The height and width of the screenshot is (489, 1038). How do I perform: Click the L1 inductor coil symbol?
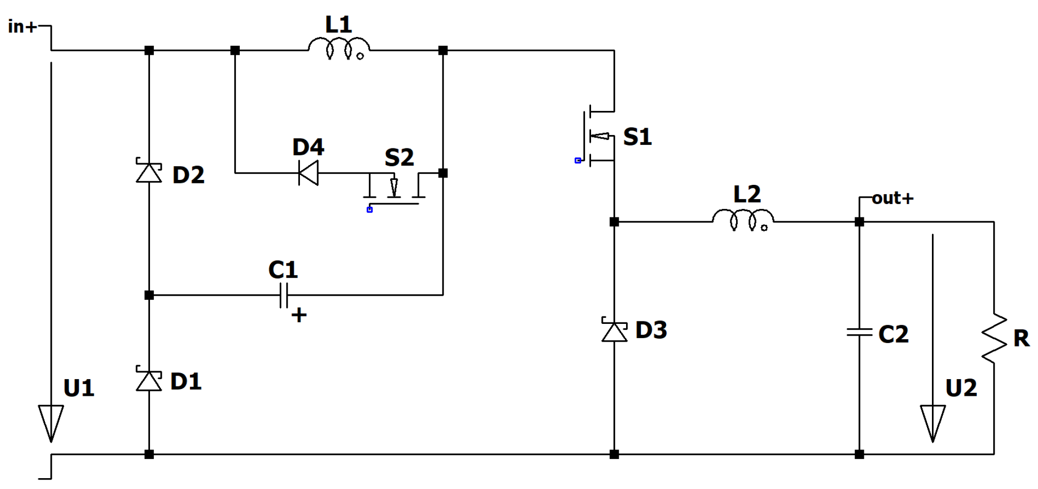[x=339, y=48]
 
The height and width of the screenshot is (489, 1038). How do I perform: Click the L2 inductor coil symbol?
[x=743, y=220]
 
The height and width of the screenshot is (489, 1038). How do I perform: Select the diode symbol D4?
[x=309, y=173]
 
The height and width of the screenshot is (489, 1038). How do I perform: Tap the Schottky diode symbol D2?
[x=149, y=172]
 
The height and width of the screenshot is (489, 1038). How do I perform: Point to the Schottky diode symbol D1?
[x=149, y=380]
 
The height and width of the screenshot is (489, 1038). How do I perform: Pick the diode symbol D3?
[x=614, y=331]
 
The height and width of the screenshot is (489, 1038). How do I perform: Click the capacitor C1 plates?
[x=284, y=296]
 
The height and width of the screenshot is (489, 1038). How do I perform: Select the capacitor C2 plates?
[x=859, y=332]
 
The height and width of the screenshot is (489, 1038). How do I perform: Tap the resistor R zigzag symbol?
[x=994, y=339]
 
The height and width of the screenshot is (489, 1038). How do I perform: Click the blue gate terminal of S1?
[x=578, y=161]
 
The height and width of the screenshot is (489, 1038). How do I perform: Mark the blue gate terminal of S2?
[x=370, y=210]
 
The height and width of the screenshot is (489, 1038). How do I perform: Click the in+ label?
[x=22, y=27]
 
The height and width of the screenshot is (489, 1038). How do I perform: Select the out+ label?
[x=892, y=198]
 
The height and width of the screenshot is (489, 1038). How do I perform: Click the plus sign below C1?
[x=299, y=314]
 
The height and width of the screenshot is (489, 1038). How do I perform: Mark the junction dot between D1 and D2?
[x=149, y=295]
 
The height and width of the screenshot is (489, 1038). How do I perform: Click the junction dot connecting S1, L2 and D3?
[x=614, y=222]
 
